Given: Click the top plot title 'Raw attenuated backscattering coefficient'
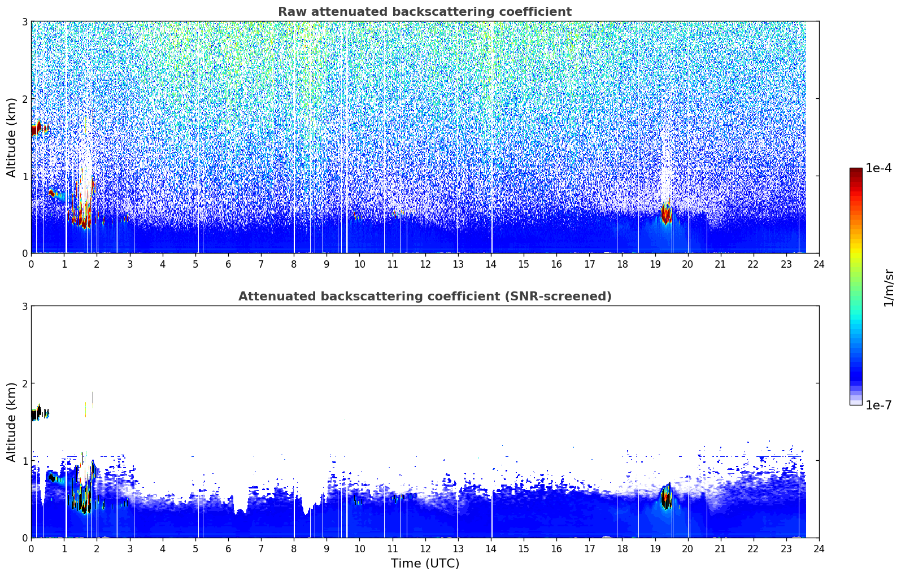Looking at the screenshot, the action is [425, 12].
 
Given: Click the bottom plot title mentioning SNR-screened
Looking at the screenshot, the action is [425, 296].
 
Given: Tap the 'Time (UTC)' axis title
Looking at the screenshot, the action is [425, 563].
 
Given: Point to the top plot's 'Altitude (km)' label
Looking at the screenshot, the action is [11, 138].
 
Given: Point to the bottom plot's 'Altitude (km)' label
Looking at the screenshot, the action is [11, 422].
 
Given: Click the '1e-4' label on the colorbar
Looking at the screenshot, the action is [879, 168].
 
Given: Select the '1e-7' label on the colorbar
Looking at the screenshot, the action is [879, 405].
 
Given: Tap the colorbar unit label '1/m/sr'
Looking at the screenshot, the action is [889, 288].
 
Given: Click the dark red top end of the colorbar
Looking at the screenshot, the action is [856, 170].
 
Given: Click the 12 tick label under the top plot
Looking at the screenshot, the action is [425, 264].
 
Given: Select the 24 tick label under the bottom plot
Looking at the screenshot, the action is [819, 549].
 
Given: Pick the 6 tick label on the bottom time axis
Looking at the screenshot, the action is [228, 549].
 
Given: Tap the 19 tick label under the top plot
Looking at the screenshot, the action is [655, 264].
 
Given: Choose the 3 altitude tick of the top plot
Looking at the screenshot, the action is [24, 21].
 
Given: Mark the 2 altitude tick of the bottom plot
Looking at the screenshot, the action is [24, 383].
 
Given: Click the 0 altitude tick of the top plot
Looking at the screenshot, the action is [24, 254].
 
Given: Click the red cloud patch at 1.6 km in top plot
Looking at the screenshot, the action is [37, 128].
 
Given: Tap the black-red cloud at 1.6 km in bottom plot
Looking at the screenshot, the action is [37, 413].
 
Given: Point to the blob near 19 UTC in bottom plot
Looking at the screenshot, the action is [667, 496].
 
